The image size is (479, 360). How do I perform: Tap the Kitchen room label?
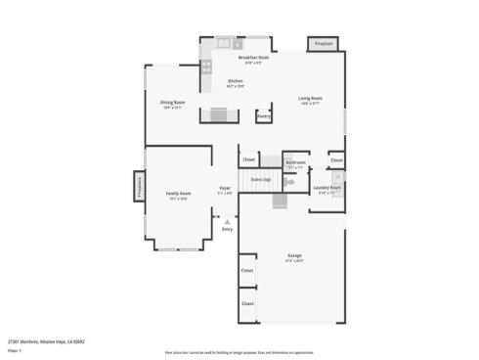click(x=236, y=81)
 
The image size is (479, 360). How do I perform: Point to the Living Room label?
click(x=311, y=98)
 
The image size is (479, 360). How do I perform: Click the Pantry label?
click(x=263, y=115)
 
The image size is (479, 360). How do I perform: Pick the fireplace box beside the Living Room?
click(x=322, y=44)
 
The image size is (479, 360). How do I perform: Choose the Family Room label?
click(x=178, y=194)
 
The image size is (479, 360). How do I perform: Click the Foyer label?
click(x=225, y=188)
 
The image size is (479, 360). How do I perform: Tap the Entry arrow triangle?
click(x=227, y=222)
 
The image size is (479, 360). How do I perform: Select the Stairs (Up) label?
click(x=260, y=180)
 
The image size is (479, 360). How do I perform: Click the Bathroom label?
click(x=296, y=162)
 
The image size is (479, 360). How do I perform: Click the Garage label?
click(x=294, y=256)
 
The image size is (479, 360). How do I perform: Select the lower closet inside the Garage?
click(x=248, y=304)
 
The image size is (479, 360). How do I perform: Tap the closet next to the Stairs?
click(x=249, y=158)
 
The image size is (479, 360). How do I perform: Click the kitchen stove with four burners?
click(x=206, y=67)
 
